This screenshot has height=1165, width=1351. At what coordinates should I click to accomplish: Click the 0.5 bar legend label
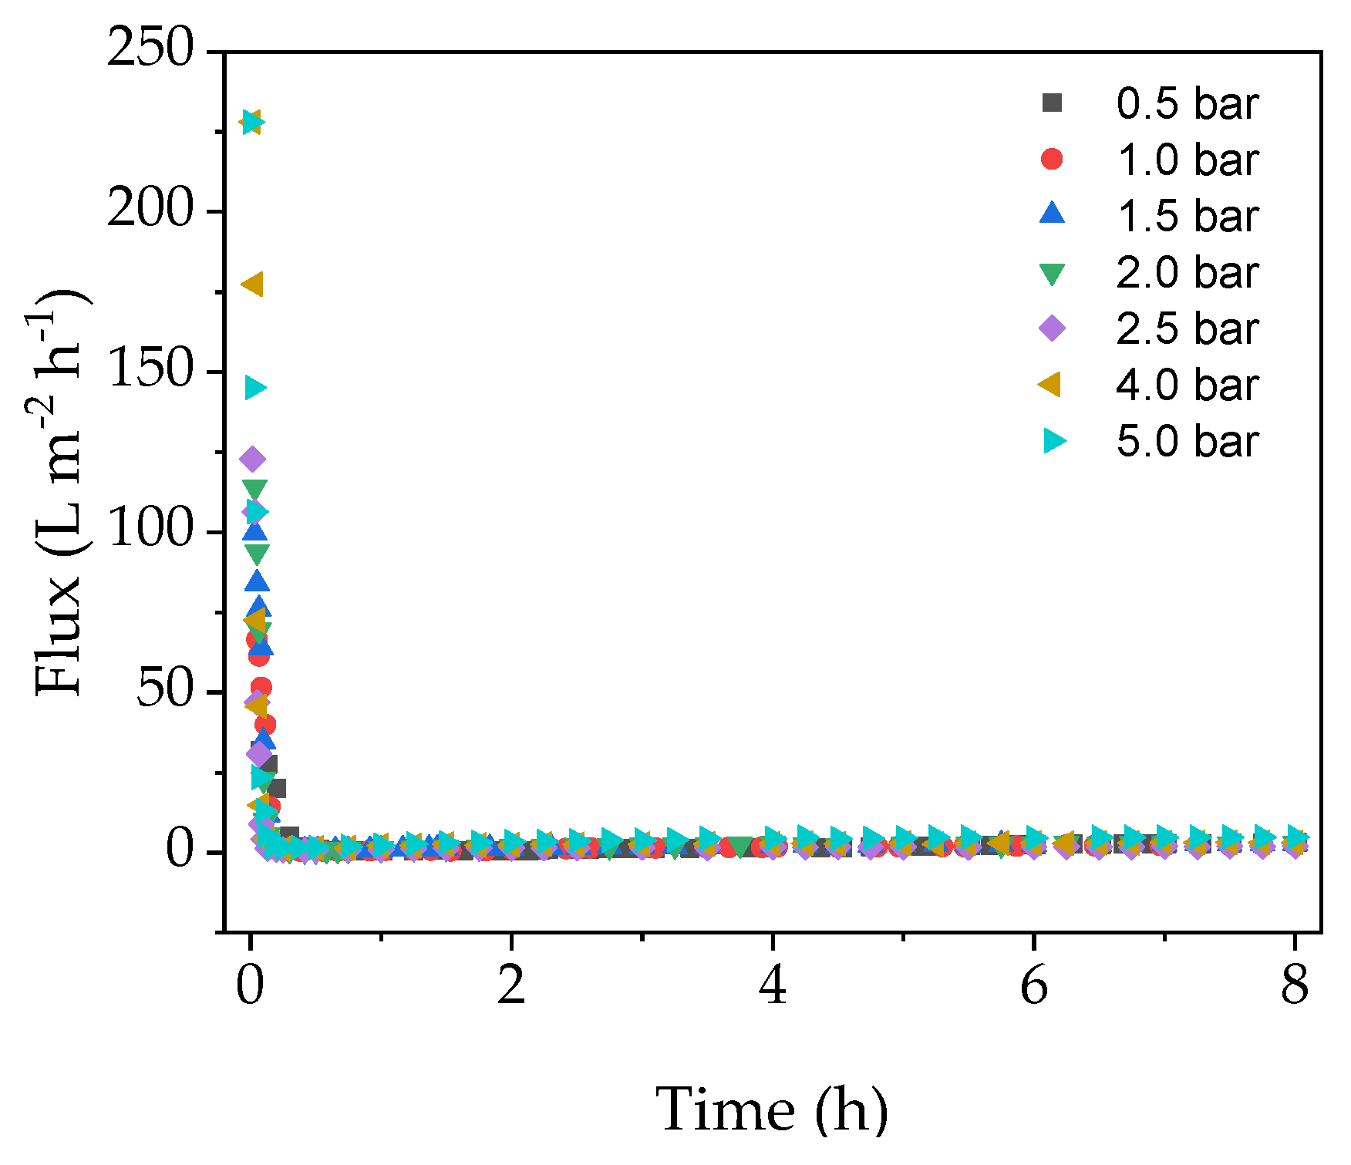1187,103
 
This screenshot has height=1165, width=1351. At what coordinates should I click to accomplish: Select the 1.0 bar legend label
1187,160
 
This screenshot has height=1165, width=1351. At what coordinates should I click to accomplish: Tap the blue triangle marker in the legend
1052,214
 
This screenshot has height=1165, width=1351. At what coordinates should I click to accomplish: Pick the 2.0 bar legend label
1187,272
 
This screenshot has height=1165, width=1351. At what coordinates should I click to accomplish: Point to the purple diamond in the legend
1052,328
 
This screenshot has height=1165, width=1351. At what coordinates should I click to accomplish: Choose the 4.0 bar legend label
1187,385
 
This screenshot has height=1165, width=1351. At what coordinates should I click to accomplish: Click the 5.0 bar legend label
1187,441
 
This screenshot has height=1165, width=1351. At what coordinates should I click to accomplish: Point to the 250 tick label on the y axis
150,49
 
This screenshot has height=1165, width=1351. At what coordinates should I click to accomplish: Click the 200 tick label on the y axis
150,210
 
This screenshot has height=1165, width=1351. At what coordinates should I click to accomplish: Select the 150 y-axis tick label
150,370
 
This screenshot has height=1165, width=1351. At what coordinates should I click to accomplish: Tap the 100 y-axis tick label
150,530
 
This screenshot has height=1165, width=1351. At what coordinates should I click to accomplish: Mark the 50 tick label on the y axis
164,690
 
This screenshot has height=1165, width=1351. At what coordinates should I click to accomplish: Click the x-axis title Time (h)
772,1110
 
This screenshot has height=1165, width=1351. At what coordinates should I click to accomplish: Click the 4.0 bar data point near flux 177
253,285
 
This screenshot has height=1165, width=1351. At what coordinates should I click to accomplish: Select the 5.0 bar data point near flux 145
255,388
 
